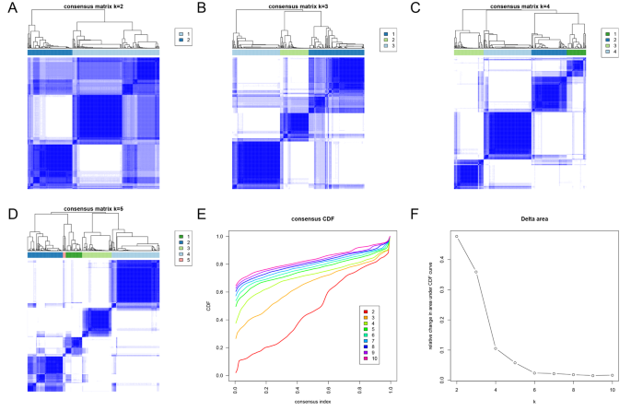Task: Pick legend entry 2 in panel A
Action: click(181, 41)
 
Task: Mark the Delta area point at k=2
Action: click(457, 237)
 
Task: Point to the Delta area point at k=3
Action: click(476, 272)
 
